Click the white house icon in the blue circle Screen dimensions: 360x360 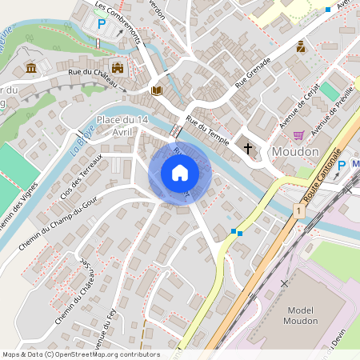click(180, 173)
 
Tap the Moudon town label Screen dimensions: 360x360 click(295, 151)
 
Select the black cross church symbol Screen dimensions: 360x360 click(248, 148)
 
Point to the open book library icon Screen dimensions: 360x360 click(158, 90)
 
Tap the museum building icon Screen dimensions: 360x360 click(30, 69)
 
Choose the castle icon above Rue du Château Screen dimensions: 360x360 click(118, 68)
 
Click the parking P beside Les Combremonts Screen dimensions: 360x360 click(102, 24)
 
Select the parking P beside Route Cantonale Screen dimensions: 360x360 click(342, 165)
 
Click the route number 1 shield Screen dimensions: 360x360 click(297, 210)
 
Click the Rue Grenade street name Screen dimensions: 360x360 click(253, 72)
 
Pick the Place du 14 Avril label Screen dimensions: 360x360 click(122, 126)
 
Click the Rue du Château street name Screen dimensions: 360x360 click(93, 78)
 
